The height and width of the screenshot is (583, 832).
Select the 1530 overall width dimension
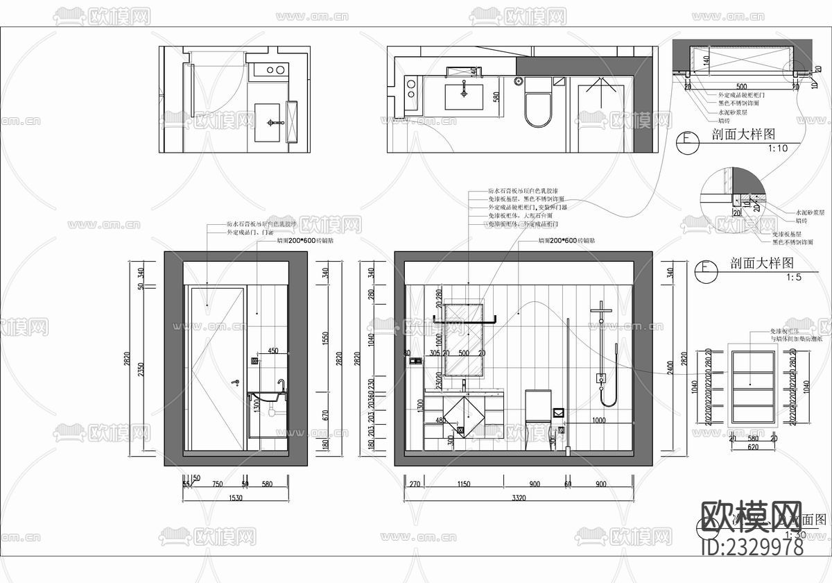(x=236, y=498)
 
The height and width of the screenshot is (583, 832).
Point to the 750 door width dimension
(x=217, y=484)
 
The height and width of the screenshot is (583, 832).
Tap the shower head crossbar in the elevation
(x=600, y=307)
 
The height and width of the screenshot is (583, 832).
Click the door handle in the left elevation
(x=236, y=382)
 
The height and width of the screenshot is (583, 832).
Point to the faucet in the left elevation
(x=281, y=385)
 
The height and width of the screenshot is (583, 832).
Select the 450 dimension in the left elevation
(x=273, y=351)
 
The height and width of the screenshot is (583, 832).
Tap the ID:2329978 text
(x=752, y=548)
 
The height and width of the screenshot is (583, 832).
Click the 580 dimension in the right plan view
(x=496, y=97)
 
